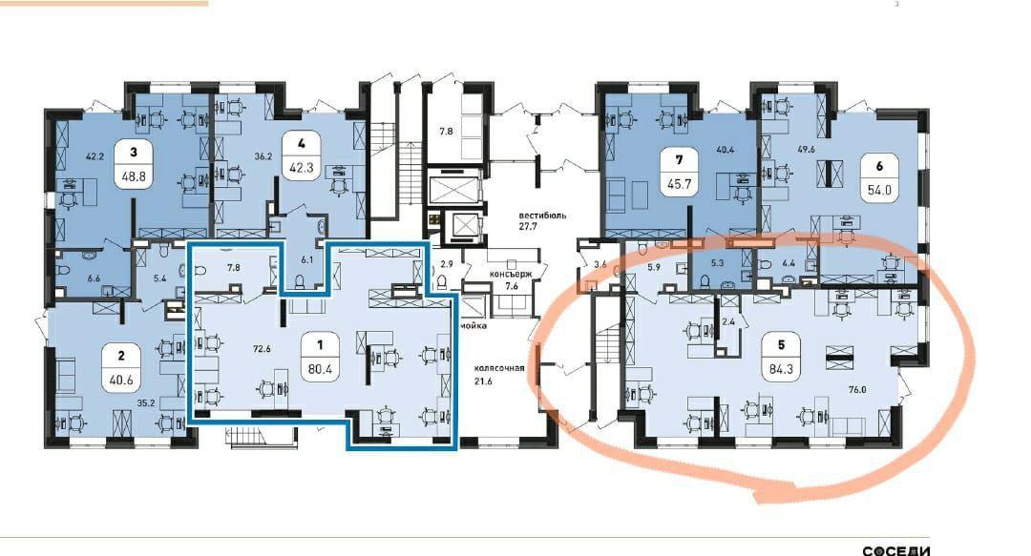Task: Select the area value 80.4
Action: click(320, 369)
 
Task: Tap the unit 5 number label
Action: click(781, 344)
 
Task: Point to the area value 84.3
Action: click(781, 369)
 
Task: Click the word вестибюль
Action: click(542, 216)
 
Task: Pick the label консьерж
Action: click(510, 274)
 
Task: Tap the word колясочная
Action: click(499, 368)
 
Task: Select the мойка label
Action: click(473, 325)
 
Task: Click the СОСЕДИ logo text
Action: click(896, 550)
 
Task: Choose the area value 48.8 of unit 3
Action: click(134, 176)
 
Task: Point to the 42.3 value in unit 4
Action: click(301, 167)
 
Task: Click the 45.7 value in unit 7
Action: click(680, 184)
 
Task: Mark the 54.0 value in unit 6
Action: click(880, 191)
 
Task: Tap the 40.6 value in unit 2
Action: click(121, 380)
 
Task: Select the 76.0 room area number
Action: click(857, 390)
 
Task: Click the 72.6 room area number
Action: click(262, 349)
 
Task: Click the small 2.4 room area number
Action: click(727, 322)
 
